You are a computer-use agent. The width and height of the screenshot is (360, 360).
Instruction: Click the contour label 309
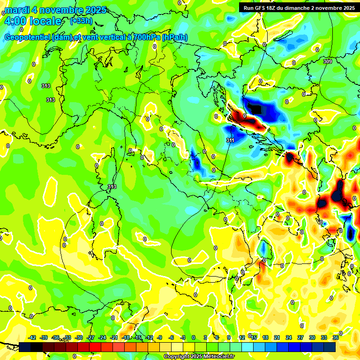[x=328, y=61]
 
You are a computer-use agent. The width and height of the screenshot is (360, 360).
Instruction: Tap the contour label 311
[x=230, y=140]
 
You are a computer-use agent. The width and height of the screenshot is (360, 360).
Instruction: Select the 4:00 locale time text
[x=32, y=21]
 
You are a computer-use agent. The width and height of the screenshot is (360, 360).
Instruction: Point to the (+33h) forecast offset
[x=81, y=21]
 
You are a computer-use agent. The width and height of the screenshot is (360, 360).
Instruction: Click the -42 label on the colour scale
[x=32, y=337]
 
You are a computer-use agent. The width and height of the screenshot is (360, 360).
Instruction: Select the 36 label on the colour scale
[x=336, y=337]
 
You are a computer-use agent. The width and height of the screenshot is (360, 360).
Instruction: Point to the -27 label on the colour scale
[x=90, y=337]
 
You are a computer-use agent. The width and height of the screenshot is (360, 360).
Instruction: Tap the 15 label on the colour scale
[x=254, y=337]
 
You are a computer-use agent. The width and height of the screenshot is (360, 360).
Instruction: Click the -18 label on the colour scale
[x=126, y=337]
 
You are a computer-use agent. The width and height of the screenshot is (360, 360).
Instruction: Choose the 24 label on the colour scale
[x=289, y=337]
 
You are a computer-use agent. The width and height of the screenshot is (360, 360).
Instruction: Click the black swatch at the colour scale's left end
[x=25, y=347]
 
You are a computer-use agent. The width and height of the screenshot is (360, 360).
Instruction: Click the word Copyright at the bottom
[x=177, y=357]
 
